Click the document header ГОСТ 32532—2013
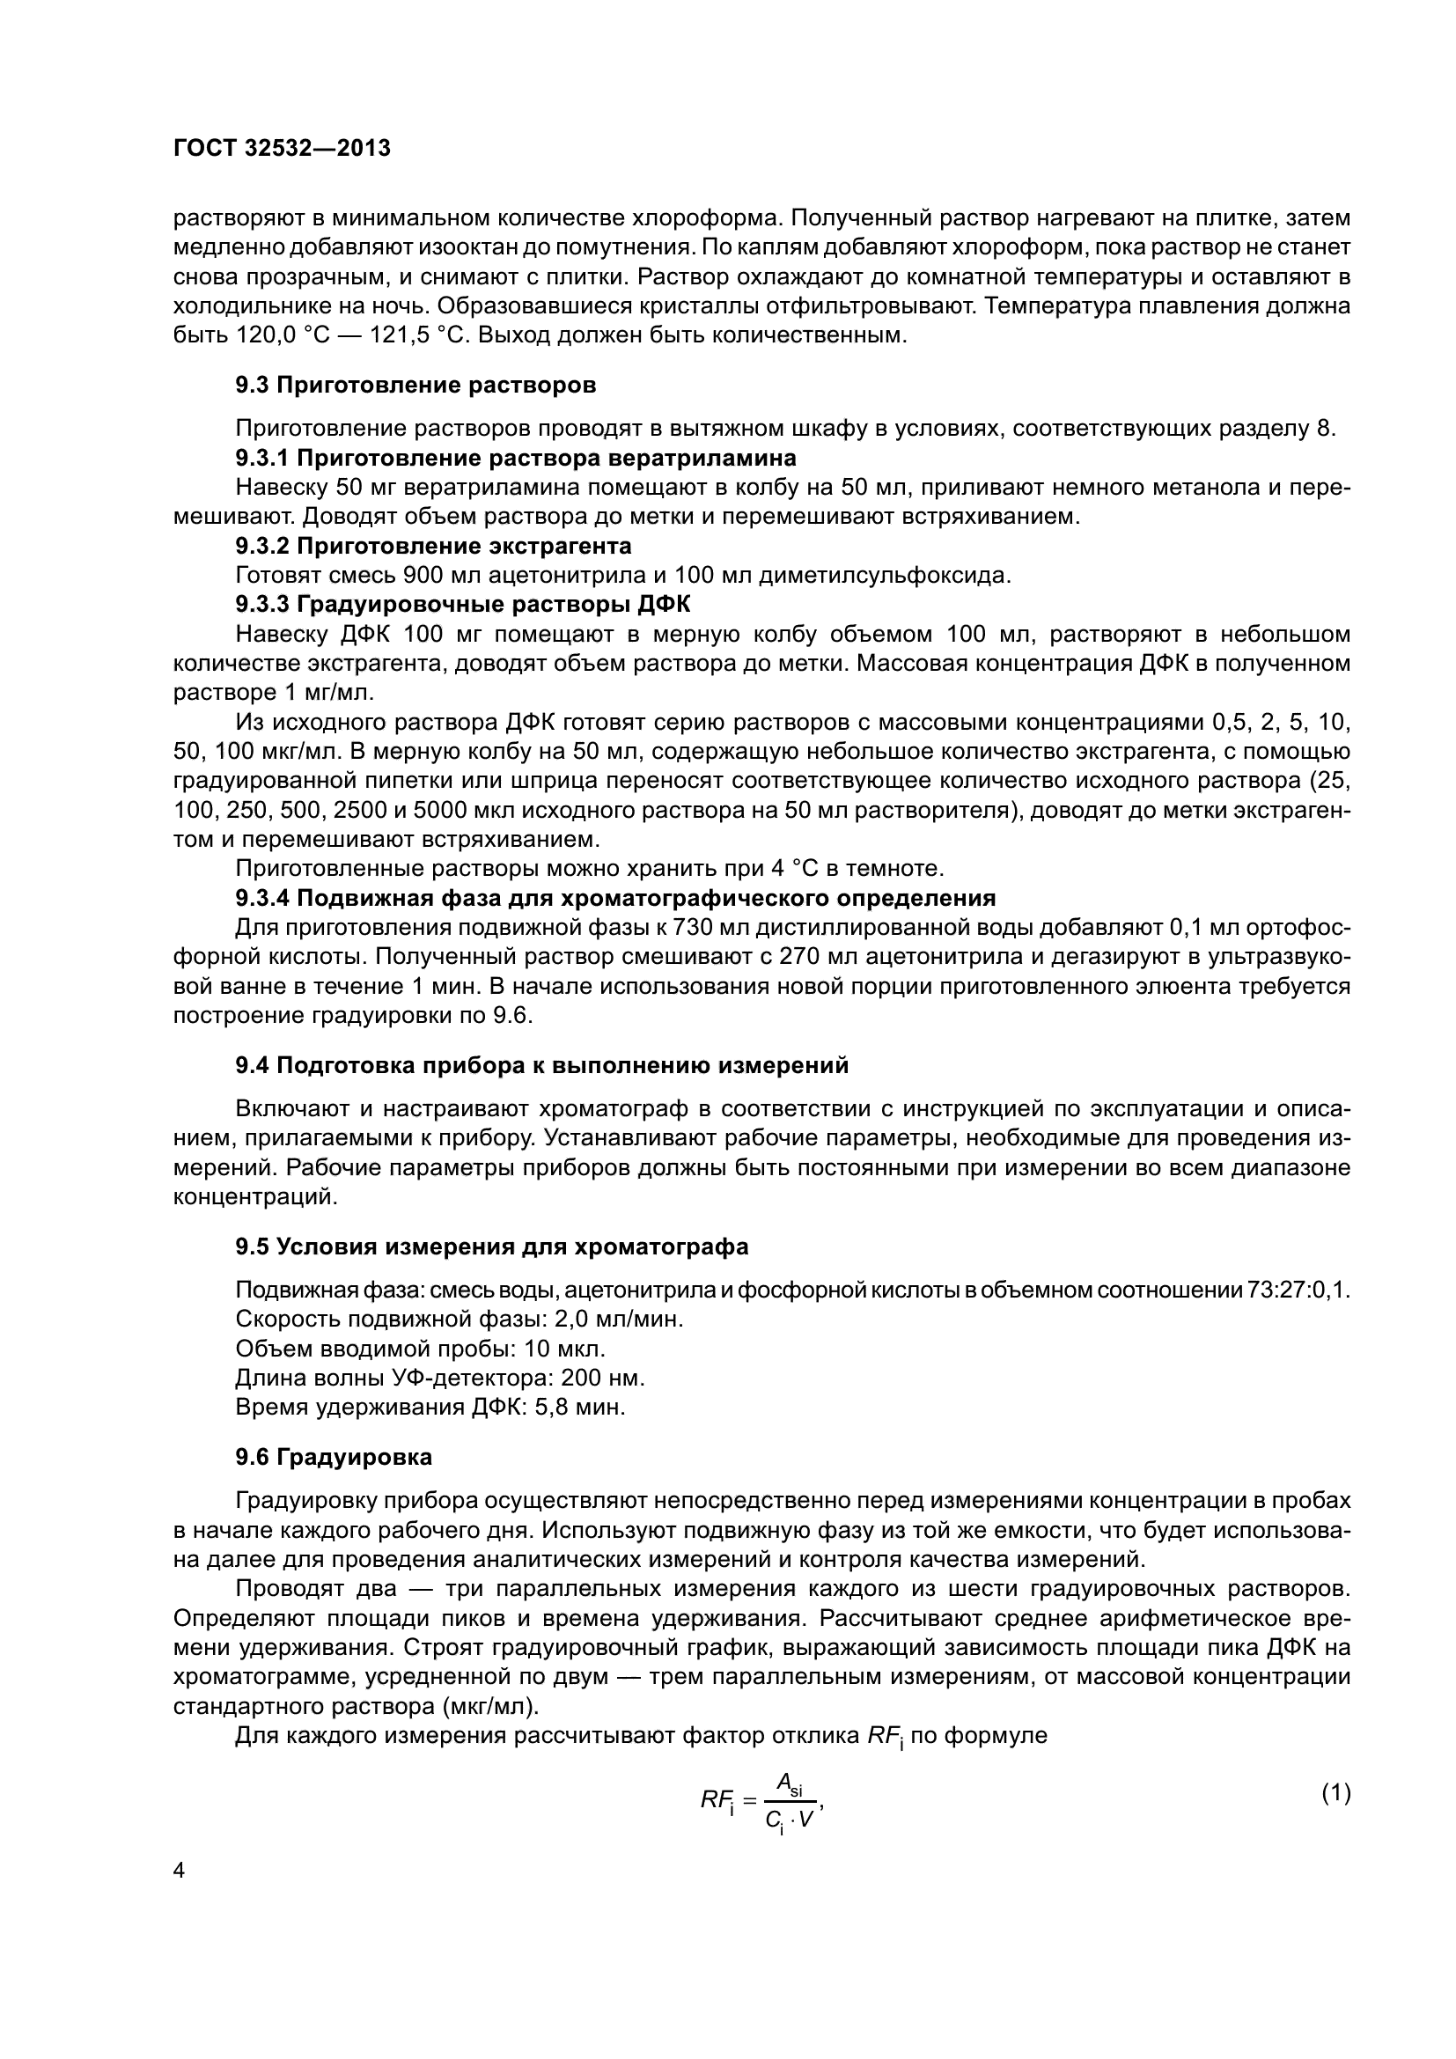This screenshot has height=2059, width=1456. point(282,149)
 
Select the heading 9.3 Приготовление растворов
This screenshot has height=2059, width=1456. point(415,386)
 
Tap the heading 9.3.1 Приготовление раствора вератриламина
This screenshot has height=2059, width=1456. point(516,459)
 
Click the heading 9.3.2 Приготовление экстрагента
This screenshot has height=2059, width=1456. point(433,546)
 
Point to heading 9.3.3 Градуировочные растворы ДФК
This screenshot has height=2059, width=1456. point(463,605)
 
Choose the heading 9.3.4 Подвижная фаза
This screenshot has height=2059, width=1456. point(615,898)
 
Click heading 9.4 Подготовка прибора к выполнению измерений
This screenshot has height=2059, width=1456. point(541,1065)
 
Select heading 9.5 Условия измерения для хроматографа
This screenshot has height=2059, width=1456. point(491,1246)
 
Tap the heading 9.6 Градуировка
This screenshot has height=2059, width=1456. point(334,1457)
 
